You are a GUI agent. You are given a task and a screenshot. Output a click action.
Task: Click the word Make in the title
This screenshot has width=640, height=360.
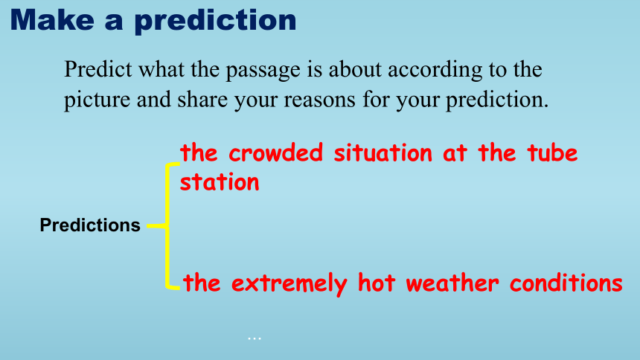[x=52, y=19]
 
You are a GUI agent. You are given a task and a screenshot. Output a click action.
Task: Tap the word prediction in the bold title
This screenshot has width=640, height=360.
[x=216, y=22]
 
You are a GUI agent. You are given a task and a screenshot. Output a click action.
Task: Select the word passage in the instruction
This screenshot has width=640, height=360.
[x=263, y=70]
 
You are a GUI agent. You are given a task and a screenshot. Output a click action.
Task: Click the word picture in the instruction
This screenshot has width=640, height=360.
[x=97, y=100]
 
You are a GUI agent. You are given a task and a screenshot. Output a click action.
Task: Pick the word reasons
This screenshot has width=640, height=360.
[x=319, y=100]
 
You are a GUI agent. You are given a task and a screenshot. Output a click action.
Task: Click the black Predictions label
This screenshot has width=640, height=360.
[x=90, y=225]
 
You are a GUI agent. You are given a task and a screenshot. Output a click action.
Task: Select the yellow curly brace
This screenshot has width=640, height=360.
[x=167, y=226]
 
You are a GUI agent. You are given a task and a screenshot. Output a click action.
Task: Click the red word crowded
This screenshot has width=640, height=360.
[x=276, y=153]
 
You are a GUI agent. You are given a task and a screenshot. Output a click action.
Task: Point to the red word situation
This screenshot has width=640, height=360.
[x=383, y=153]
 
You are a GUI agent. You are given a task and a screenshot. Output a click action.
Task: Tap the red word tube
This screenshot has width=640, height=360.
[x=552, y=153]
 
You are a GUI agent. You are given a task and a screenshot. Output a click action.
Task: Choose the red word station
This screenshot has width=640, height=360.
[x=220, y=182]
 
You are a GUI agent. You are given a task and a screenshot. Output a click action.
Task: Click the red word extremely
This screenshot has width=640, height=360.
[x=289, y=283]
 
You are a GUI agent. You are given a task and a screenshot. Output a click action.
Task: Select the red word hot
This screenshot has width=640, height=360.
[x=377, y=283]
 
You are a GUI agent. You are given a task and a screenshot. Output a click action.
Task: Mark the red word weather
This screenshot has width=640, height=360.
[x=452, y=283]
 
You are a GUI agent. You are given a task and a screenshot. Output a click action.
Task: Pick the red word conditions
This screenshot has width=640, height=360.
[x=566, y=283]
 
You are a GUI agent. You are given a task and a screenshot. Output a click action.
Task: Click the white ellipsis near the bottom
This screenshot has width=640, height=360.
[x=255, y=338]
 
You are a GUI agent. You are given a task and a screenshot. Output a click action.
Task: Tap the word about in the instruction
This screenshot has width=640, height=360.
[x=355, y=69]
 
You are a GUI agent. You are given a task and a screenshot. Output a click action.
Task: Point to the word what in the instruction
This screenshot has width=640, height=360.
[x=161, y=69]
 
